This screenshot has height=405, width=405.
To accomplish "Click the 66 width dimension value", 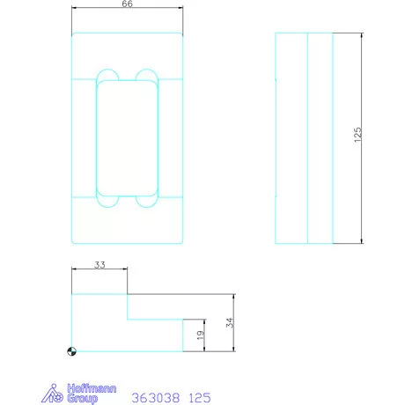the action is point(127,4).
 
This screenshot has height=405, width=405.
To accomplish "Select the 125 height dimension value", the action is point(357,135).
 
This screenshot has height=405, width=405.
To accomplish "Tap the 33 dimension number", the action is point(99,265).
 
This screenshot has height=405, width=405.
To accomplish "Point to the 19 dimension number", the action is point(200,335).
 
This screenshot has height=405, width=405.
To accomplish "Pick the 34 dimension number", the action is point(230,322).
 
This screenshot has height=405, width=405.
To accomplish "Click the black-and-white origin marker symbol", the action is point(72,351).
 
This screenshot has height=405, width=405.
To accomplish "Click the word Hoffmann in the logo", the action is point(92,388).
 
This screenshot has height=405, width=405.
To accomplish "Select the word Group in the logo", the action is point(82,399).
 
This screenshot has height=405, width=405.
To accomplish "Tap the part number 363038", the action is point(155,398).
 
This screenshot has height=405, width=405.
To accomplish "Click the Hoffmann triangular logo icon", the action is point(53,394).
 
